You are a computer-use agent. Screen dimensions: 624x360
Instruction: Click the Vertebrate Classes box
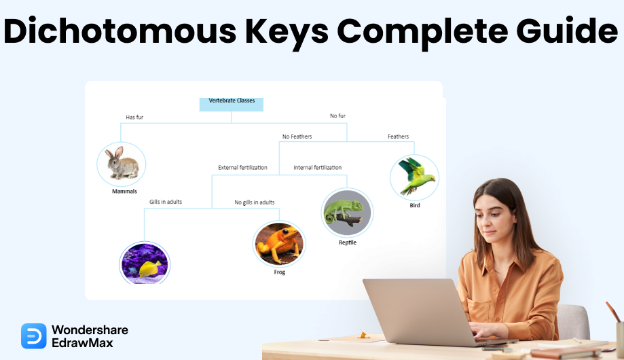point(232,105)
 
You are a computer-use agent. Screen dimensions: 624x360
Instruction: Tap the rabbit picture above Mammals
point(122,164)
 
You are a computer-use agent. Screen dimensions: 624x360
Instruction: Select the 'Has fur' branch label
point(134,117)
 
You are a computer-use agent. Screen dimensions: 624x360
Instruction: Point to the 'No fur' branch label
point(338,116)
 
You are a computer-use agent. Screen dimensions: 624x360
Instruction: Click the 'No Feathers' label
point(297,137)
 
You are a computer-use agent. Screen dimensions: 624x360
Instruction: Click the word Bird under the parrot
point(415,206)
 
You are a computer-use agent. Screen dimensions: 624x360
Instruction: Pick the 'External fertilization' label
point(243,168)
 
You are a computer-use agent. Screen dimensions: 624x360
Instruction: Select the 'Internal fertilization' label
point(318,168)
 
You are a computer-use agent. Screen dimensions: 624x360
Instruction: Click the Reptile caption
point(348,242)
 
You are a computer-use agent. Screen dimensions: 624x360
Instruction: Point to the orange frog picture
point(279,244)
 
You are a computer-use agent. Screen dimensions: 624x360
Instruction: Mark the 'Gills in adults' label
point(166,202)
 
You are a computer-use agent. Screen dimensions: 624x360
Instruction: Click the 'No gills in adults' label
point(255,202)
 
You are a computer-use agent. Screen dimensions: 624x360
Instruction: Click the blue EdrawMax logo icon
point(34,336)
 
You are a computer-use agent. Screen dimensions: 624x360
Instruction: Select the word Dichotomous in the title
point(120,31)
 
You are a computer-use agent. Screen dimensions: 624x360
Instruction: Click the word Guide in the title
point(567,31)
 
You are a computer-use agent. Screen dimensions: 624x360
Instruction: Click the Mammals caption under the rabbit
point(124,192)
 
